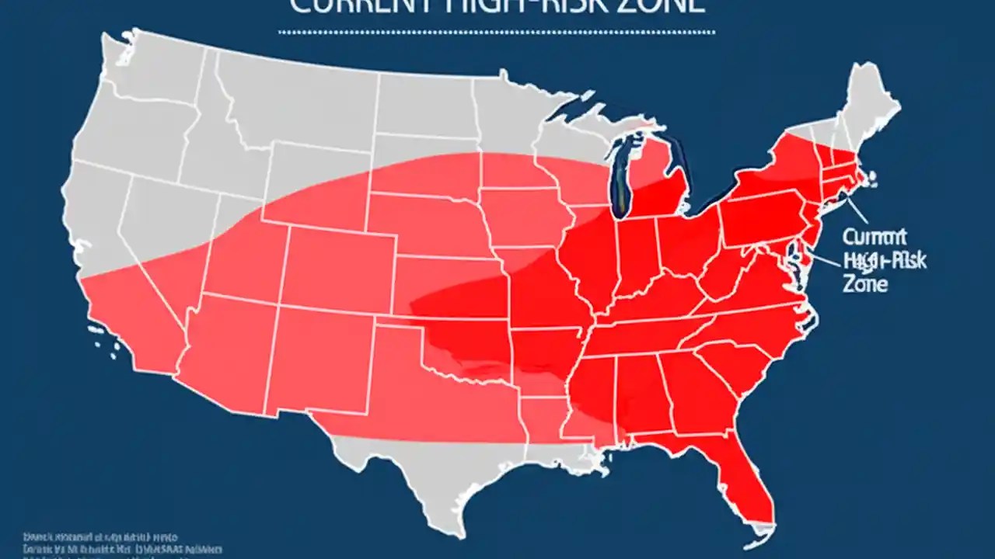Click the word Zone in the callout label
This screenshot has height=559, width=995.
tap(864, 284)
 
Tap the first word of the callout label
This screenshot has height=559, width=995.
tap(875, 237)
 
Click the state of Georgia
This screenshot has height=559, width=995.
tap(692, 396)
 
